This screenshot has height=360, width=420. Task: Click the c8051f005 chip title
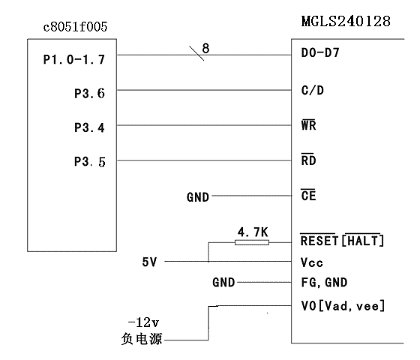click(75, 27)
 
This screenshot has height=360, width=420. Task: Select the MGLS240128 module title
click(346, 21)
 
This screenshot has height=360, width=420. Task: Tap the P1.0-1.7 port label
click(74, 59)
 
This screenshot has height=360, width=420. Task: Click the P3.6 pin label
click(89, 94)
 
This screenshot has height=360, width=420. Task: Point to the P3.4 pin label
click(89, 127)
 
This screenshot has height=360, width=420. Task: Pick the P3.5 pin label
click(90, 162)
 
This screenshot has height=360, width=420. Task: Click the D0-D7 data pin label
click(320, 52)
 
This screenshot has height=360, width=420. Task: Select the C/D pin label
click(313, 90)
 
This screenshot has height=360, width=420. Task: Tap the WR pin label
click(308, 124)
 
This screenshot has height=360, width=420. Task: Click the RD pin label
click(308, 160)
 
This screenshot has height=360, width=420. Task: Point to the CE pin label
click(308, 195)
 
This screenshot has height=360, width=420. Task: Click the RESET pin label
click(319, 240)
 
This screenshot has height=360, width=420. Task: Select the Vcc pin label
click(312, 262)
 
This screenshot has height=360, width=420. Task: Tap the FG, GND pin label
click(324, 283)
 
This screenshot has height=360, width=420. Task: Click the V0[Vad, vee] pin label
click(343, 306)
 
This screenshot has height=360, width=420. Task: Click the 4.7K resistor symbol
click(252, 243)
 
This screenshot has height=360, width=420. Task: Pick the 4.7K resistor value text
click(253, 232)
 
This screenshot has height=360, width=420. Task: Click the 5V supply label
click(149, 262)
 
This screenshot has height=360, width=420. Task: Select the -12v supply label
click(144, 322)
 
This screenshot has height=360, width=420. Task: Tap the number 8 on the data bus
click(205, 48)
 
